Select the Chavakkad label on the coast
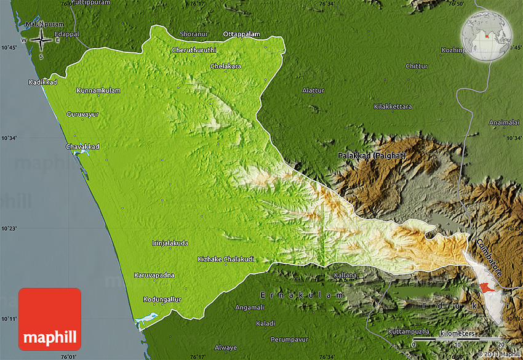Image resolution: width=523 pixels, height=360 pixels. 82,146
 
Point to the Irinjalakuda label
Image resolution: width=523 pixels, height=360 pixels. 170,243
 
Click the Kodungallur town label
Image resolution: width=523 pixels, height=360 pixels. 162,299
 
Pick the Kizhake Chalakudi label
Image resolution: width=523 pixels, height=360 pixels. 226,259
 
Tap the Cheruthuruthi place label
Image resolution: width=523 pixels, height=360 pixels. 194,49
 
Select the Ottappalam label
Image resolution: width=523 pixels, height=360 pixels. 241,33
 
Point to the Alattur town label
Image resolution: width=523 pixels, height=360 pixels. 313,90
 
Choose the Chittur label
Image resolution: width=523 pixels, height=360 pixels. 417,66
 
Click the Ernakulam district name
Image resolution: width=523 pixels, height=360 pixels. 301,295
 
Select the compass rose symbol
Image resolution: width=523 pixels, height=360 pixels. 41,40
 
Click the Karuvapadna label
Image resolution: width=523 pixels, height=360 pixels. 154,275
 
